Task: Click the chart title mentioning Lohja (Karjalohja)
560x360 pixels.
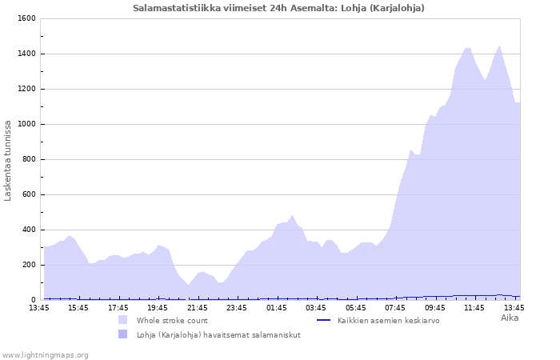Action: pos(278,8)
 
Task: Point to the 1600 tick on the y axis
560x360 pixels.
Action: pos(26,18)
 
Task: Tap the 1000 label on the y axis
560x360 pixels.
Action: pos(26,124)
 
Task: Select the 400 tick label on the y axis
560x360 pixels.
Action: pos(29,230)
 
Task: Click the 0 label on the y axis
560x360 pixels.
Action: pos(34,300)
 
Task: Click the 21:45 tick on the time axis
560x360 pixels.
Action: pos(197,308)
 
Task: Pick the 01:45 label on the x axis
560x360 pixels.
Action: pos(277,308)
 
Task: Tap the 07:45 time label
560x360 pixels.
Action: pos(395,308)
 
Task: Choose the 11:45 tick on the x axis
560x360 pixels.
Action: pos(474,308)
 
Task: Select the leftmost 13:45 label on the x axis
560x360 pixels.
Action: pos(39,308)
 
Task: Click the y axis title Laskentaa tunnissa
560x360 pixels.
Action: pos(8,161)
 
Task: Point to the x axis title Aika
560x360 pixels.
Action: pos(510,318)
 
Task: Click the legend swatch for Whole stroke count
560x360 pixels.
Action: pos(123,320)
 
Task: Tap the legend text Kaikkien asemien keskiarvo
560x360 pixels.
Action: pos(389,320)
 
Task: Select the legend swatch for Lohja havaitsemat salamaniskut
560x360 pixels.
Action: pos(123,334)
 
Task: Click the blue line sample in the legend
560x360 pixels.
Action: pos(323,320)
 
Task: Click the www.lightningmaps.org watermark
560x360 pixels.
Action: pos(44,355)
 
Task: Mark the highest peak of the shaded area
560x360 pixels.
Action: pos(500,46)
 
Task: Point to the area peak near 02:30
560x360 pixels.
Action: pos(293,215)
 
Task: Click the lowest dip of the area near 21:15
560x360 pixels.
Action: pos(189,285)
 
